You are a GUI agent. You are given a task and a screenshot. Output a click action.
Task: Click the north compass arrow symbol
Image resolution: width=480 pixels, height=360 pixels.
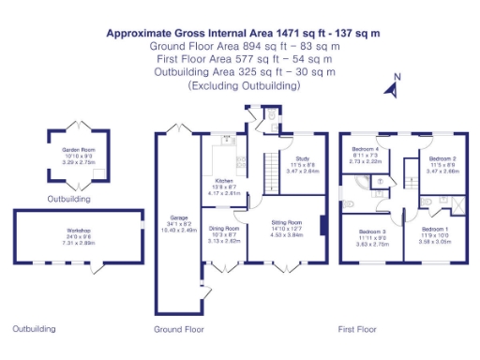click(x=393, y=87)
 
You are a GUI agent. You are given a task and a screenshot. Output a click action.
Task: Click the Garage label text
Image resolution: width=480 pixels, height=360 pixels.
click(x=178, y=218)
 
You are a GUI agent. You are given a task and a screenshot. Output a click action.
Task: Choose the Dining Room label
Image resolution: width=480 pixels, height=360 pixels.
click(x=224, y=228)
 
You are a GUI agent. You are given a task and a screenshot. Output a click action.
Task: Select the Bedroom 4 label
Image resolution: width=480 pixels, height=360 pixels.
click(x=366, y=150)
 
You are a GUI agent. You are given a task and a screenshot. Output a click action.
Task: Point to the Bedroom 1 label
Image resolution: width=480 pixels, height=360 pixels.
click(x=434, y=230)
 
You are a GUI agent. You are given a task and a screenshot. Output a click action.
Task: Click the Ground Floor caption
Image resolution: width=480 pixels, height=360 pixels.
click(x=178, y=330)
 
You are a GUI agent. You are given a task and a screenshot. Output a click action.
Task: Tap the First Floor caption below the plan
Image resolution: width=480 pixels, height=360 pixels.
click(x=357, y=330)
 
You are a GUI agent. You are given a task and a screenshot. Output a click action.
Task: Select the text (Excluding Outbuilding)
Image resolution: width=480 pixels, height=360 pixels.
click(x=244, y=85)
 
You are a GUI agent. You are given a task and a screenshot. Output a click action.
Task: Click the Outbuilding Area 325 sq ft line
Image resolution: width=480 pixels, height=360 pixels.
click(x=244, y=72)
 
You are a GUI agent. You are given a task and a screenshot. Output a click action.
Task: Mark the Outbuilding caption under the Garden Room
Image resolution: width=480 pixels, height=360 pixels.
click(x=69, y=200)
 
